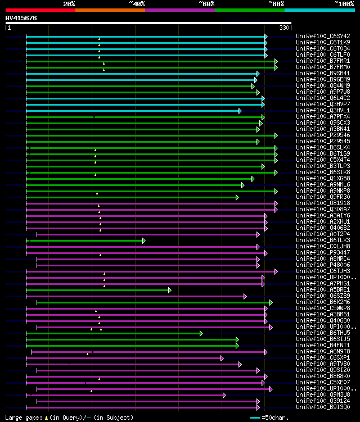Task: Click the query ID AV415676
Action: coord(21,18)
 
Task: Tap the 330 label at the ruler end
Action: coord(284,27)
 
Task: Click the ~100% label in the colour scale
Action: coord(344,4)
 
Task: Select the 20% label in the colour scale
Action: coord(69,4)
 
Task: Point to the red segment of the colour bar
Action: coord(40,10)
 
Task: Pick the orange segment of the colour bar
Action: coord(110,10)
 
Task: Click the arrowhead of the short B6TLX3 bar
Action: coord(144,241)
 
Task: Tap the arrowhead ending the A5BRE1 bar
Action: coord(169,290)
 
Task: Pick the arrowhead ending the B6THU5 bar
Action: coord(201,333)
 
